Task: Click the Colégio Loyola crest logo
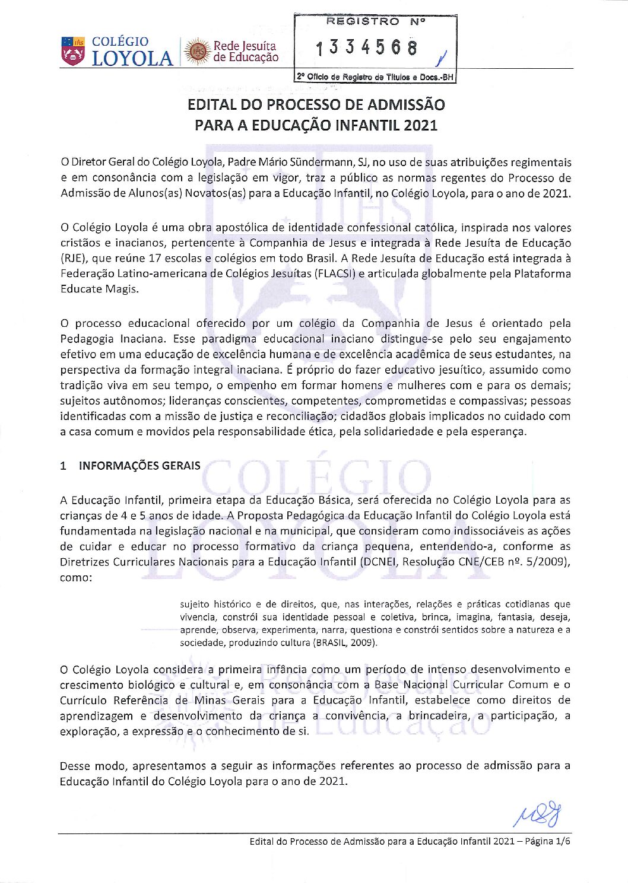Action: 72,50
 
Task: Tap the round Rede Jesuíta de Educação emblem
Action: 197,52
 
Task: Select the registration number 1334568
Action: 367,48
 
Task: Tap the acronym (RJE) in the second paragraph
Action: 73,259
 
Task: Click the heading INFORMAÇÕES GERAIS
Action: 139,466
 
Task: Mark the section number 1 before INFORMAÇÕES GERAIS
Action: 63,466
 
